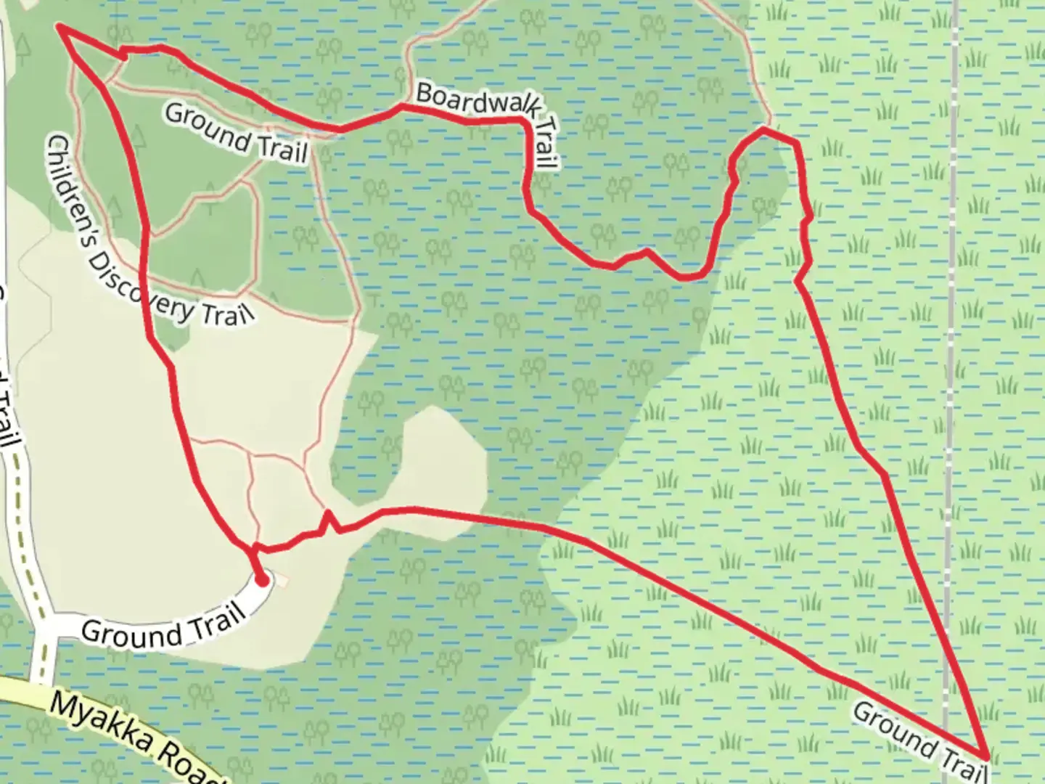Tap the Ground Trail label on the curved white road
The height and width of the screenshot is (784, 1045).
point(163,627)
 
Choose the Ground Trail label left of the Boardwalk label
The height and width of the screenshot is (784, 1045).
point(237,134)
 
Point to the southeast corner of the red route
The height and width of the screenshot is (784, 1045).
point(985,758)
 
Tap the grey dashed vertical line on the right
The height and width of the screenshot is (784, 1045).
point(951,363)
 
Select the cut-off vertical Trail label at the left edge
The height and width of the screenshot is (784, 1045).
point(9,407)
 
